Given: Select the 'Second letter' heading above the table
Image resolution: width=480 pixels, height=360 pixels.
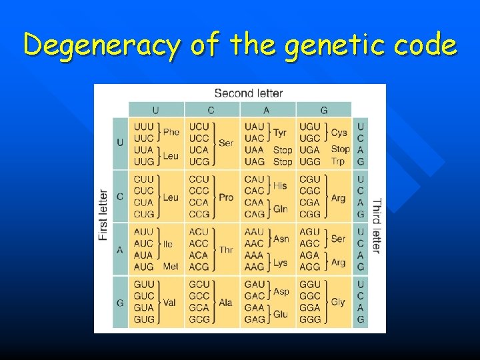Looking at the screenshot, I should click(248, 93).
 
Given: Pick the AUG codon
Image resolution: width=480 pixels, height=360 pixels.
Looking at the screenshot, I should click(143, 267).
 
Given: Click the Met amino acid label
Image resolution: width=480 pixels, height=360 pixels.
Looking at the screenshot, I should click(171, 267).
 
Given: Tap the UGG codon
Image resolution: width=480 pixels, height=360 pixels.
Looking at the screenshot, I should click(310, 161).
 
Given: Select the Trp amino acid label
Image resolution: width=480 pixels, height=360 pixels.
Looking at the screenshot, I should click(338, 161).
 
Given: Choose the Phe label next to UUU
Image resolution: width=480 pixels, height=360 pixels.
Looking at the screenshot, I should click(171, 132).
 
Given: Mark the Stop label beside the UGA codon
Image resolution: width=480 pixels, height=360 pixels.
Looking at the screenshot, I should click(340, 149).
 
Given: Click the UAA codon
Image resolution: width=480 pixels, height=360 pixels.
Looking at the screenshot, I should click(255, 149).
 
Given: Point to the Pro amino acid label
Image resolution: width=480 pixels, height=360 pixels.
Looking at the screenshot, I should click(226, 197).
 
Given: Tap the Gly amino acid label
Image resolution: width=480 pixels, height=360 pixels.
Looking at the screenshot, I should click(338, 302).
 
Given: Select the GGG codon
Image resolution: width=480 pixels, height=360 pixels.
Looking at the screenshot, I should click(310, 319).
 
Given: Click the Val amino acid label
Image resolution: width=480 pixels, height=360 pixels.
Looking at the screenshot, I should click(169, 302).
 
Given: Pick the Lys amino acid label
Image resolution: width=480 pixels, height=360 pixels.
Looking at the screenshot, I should click(281, 262).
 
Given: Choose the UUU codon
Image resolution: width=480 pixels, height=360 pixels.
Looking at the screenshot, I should click(143, 127).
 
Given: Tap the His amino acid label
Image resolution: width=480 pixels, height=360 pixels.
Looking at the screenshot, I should click(280, 185).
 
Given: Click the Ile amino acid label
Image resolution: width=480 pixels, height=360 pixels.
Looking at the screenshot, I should click(168, 244).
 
